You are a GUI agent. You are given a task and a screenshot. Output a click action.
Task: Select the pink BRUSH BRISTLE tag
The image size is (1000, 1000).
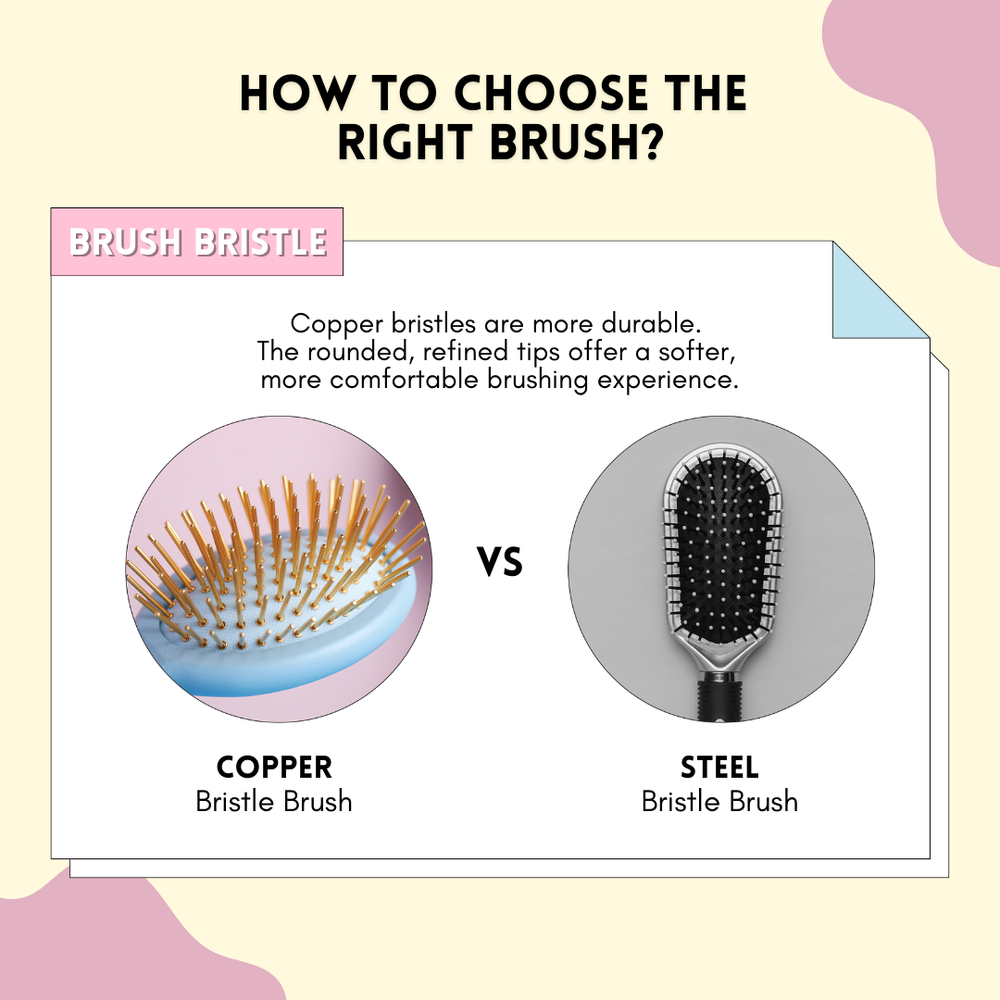(x=197, y=242)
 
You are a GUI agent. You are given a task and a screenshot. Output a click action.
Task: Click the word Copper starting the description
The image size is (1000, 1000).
(x=337, y=325)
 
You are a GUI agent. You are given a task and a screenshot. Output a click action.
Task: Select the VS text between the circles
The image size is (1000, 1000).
(x=500, y=562)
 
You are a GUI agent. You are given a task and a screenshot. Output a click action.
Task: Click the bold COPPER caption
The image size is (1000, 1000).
(x=274, y=768)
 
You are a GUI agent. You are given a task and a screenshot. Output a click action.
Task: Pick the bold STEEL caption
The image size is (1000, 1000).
(x=719, y=768)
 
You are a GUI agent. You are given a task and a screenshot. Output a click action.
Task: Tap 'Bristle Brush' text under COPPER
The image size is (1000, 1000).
(x=274, y=802)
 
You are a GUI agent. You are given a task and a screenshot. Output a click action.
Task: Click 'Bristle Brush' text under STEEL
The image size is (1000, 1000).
(x=719, y=802)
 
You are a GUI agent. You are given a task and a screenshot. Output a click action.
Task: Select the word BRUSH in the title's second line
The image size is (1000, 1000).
(x=562, y=142)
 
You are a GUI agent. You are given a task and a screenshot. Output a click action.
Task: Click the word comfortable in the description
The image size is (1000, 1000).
(x=405, y=381)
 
